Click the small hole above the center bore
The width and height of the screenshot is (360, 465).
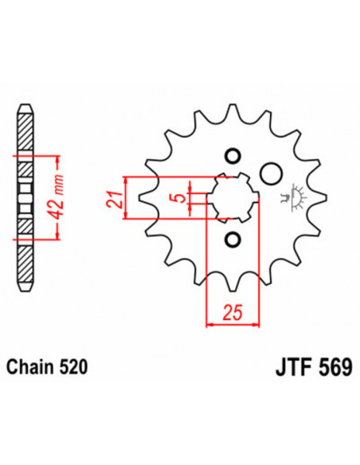pos(233,154)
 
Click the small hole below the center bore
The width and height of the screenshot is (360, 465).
pos(233,239)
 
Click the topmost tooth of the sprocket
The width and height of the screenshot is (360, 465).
pos(233,111)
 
